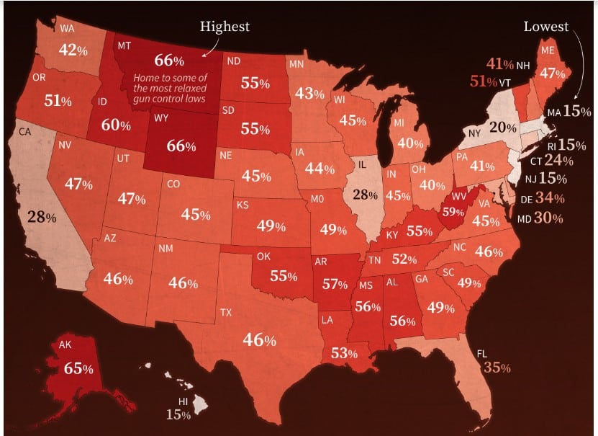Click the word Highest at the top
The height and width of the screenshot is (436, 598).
225,27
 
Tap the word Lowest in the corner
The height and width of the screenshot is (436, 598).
545,27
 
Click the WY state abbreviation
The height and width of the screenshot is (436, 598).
160,117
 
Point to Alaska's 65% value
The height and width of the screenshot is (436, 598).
78,368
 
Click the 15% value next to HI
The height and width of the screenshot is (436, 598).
178,414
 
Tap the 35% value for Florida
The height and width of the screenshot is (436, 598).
497,368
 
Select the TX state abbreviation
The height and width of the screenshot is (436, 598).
225,313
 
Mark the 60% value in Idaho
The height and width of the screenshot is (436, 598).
116,125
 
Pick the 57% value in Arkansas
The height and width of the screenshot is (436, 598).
335,284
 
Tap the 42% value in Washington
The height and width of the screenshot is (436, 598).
73,51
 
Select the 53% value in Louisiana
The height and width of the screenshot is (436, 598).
343,352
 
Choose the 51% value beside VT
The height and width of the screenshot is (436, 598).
489,81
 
